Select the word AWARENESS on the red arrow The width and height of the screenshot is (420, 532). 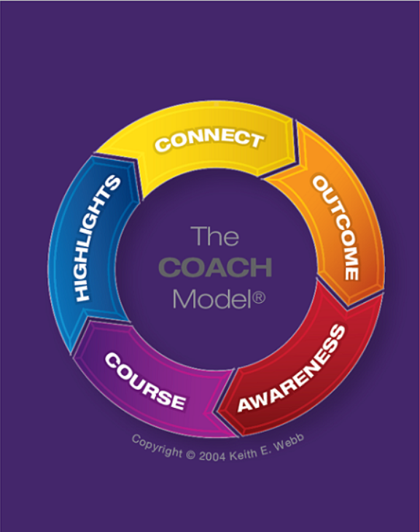(291, 369)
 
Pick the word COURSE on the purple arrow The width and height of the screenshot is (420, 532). (145, 382)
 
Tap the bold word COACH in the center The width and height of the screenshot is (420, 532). (215, 267)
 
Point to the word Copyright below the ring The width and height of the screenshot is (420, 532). (157, 446)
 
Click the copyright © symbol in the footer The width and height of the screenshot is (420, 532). (191, 455)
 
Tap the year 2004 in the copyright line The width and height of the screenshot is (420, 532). (212, 456)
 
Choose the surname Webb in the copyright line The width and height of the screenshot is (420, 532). (289, 443)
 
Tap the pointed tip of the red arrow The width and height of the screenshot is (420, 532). (217, 412)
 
